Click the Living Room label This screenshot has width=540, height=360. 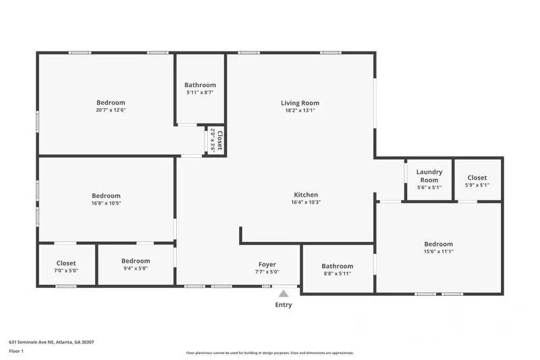[x=300, y=103]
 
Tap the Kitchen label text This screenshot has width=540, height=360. [x=305, y=195]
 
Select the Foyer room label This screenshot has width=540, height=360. [x=267, y=265]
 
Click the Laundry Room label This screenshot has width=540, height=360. [x=429, y=176]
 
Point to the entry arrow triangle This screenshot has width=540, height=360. [x=283, y=294]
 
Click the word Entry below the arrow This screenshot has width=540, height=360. [x=283, y=305]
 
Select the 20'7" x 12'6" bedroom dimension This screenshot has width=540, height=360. [x=111, y=110]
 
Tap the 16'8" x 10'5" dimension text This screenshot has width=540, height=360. [x=106, y=203]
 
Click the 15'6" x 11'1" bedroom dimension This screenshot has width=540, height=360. [x=438, y=251]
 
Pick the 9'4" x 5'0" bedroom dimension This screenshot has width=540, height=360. [x=136, y=268]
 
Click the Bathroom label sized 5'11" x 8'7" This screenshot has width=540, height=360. [x=201, y=85]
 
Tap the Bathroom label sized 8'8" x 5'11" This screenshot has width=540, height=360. [x=337, y=266]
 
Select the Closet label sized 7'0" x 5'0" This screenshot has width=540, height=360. [x=66, y=263]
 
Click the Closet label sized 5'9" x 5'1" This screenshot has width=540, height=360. [x=477, y=178]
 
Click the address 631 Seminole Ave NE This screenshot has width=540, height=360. [x=51, y=342]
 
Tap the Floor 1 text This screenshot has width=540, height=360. [x=16, y=351]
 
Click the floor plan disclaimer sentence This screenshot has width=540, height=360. [x=269, y=353]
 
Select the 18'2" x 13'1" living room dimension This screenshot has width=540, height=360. [x=300, y=110]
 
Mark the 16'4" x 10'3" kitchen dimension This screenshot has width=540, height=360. [x=305, y=202]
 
